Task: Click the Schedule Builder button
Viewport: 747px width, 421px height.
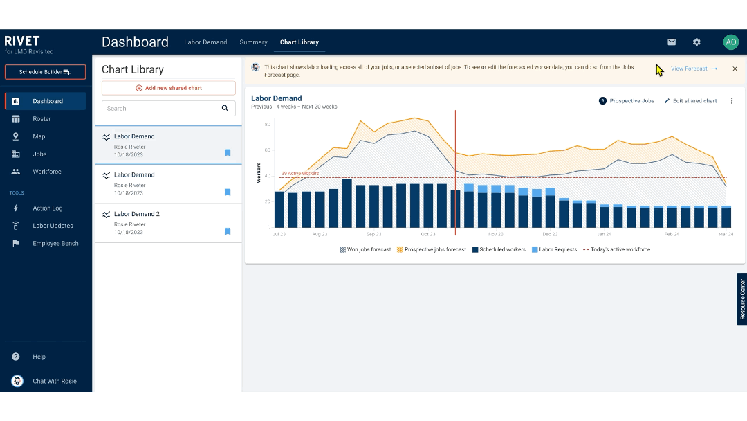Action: coord(45,72)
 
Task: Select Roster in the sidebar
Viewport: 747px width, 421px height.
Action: coord(41,119)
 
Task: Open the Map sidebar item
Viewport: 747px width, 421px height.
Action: coord(39,136)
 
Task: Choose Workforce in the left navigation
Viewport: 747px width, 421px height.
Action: coord(46,172)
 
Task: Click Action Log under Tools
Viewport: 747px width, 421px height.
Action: coord(47,208)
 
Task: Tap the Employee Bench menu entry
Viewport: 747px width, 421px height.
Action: coord(55,244)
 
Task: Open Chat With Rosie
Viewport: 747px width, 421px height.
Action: coord(54,381)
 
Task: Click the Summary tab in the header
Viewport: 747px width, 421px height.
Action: coord(253,42)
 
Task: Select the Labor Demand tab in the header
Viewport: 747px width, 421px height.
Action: coord(205,42)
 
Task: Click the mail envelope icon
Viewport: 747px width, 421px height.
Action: coord(671,42)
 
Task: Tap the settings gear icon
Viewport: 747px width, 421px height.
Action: coord(697,42)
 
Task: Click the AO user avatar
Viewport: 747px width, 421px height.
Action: coord(730,42)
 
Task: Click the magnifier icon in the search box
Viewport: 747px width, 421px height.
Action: coord(225,109)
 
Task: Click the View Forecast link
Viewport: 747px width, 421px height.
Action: coord(693,69)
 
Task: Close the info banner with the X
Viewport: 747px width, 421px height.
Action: coord(735,69)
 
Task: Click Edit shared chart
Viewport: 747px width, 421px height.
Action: coord(690,101)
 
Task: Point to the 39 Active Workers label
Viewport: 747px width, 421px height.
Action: coord(300,174)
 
